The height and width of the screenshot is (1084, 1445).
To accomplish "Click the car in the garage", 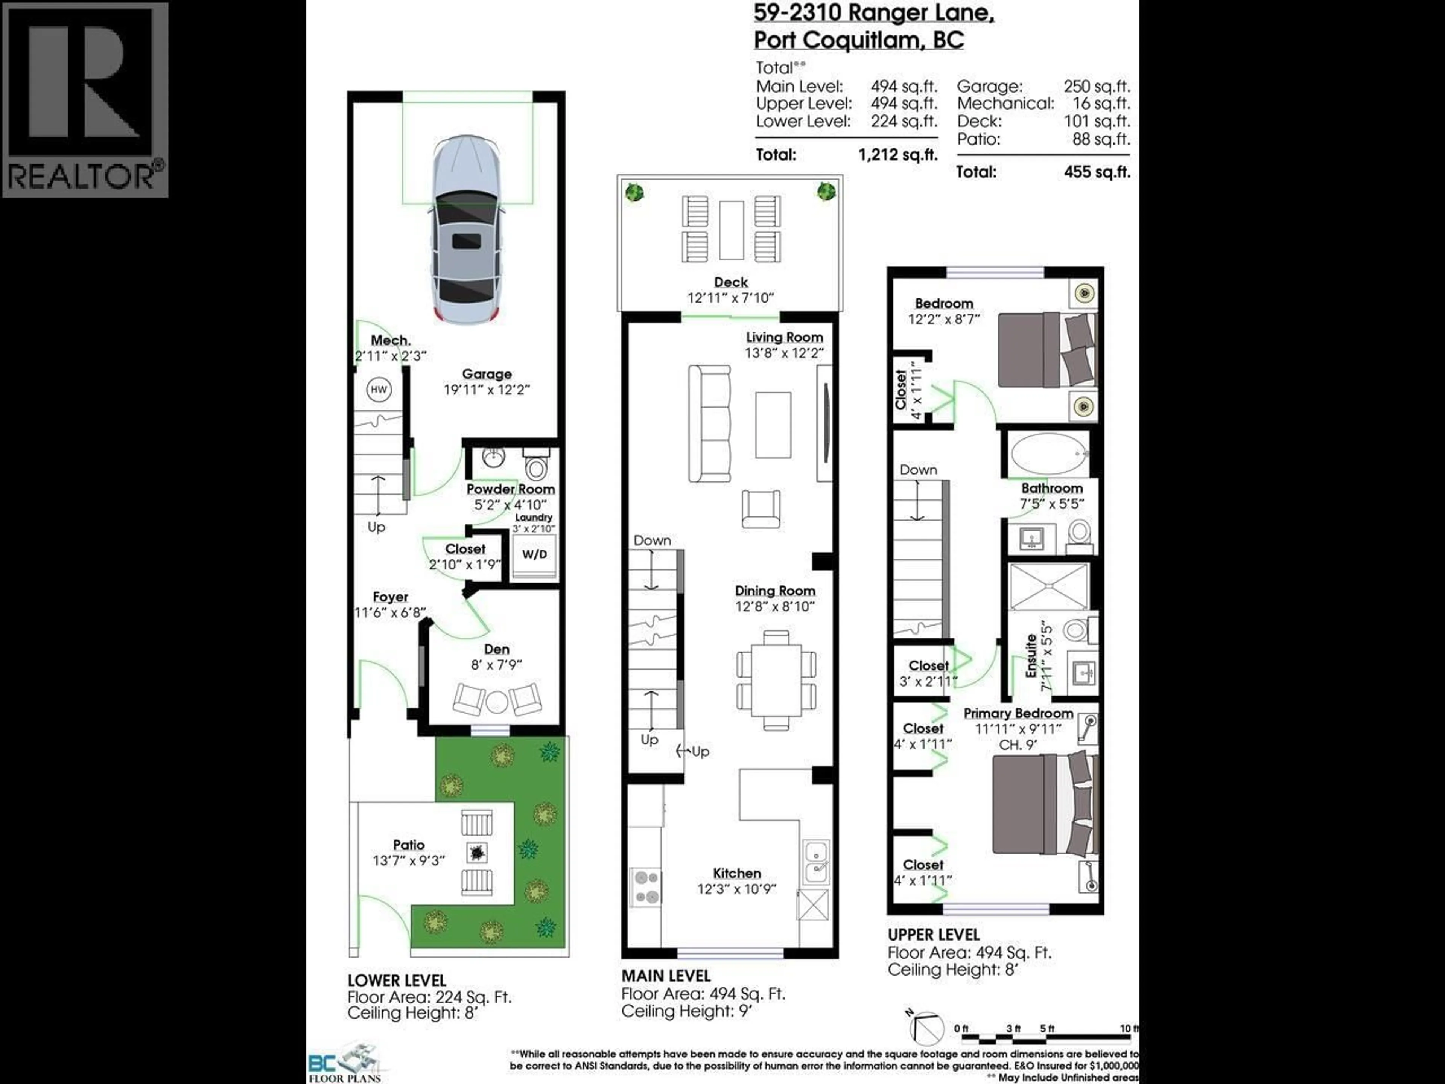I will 466,229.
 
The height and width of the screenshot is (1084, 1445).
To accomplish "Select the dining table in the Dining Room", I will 776,679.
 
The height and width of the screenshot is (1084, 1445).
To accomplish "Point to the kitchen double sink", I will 816,861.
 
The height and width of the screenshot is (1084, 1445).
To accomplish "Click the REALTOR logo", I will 85,99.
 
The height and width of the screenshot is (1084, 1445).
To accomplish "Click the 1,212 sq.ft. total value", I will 897,155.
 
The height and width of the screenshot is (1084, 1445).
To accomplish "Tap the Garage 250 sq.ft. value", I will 1097,86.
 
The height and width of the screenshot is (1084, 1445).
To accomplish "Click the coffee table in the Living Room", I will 773,425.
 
